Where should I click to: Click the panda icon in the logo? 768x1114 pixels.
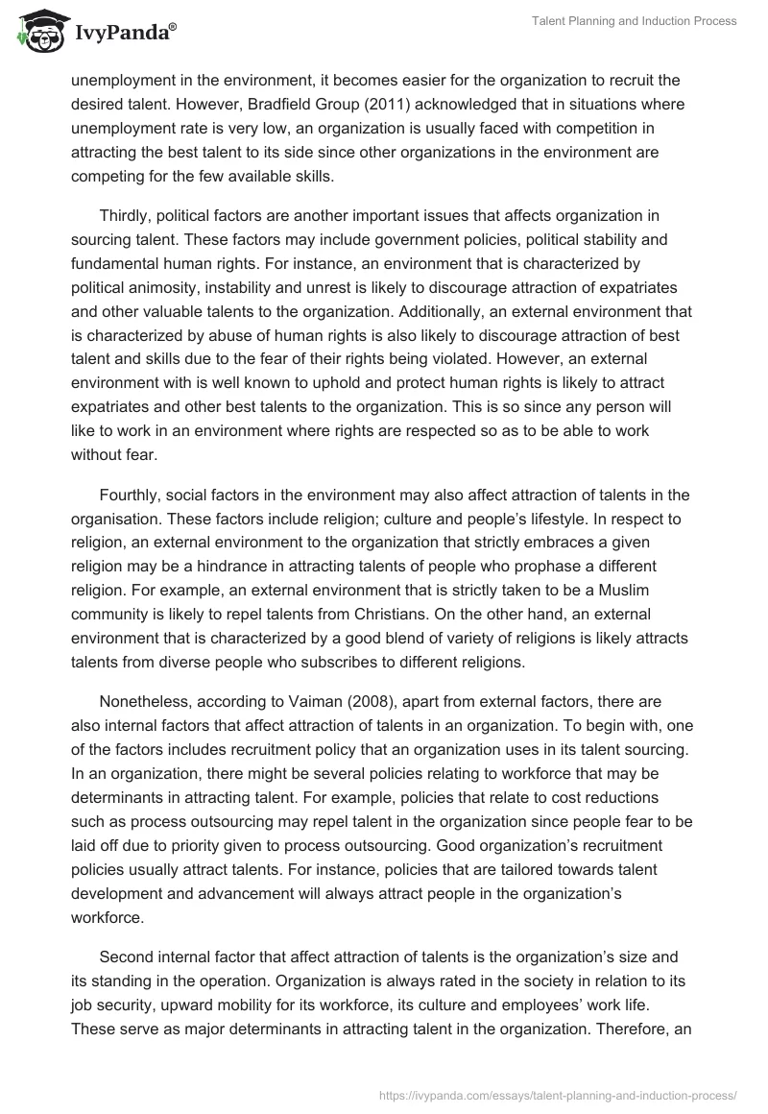36,34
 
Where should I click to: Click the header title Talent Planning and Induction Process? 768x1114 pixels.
634,21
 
